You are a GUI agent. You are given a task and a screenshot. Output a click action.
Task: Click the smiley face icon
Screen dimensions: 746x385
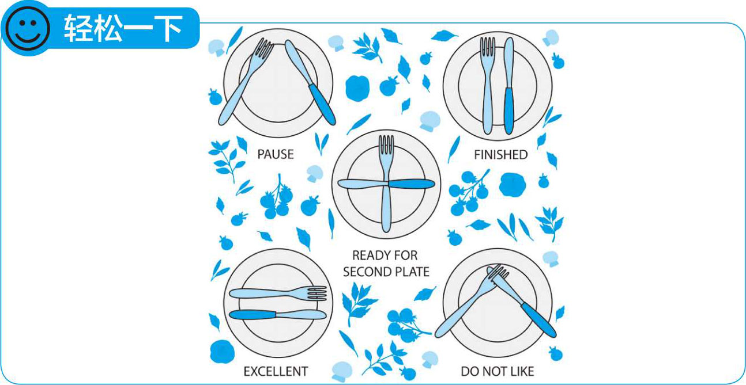(x=28, y=28)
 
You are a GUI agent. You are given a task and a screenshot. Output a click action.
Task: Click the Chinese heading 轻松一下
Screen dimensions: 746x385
(x=123, y=29)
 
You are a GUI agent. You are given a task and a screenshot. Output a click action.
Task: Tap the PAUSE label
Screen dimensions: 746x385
(x=276, y=154)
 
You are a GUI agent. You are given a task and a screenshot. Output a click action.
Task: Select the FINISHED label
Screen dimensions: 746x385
(x=500, y=155)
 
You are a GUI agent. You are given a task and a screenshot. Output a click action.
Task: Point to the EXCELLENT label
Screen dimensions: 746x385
(x=276, y=371)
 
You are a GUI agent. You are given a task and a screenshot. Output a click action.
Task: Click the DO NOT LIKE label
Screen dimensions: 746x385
(x=497, y=371)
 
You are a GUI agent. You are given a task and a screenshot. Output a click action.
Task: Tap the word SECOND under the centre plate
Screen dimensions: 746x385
(x=365, y=272)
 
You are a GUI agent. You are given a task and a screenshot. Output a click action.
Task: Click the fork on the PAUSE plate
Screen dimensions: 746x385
(x=246, y=82)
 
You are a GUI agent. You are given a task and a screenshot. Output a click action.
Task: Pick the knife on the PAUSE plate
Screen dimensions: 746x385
(x=310, y=82)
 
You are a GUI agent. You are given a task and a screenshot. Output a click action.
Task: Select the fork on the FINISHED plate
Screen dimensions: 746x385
(x=487, y=85)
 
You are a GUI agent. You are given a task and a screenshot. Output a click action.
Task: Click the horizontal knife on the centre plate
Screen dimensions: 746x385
(x=386, y=184)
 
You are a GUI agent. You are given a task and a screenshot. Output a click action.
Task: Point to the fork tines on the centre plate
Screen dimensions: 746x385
(x=386, y=144)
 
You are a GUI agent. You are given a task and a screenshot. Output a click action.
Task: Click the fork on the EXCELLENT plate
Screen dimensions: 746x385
(x=278, y=293)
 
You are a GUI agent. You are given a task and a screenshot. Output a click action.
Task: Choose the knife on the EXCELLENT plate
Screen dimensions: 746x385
(x=278, y=315)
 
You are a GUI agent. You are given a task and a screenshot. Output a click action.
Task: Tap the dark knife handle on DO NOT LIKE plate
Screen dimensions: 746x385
(x=538, y=320)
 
